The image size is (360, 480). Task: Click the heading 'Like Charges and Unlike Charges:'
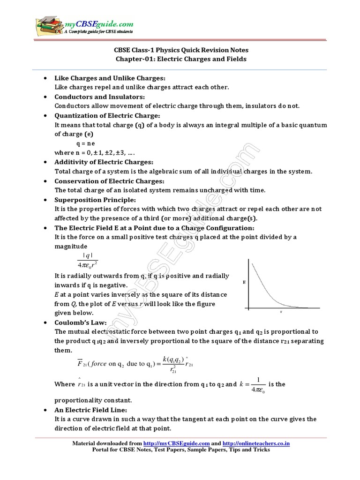(111, 78)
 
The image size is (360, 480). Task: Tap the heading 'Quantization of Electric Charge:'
(107, 115)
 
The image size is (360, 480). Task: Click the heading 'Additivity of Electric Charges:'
(104, 162)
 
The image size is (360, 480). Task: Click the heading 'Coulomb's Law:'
(81, 323)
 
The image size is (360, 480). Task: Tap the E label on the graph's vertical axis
(244, 283)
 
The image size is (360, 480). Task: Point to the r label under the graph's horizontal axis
(281, 311)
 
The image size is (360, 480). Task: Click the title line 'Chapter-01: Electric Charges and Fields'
(180, 59)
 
